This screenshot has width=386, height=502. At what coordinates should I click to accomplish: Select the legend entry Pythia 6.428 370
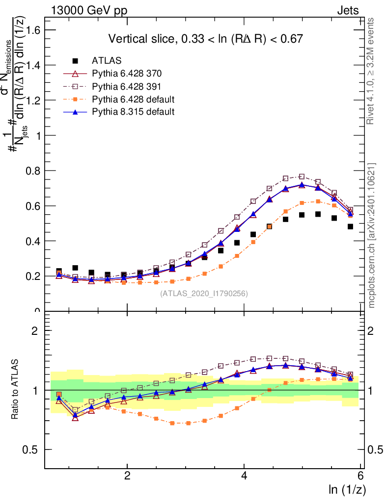coord(127,74)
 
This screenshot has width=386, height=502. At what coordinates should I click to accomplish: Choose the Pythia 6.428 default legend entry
coord(133,99)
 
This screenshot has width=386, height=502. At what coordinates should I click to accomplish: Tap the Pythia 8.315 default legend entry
coord(133,112)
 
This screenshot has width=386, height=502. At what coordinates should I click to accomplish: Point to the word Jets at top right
coord(348,10)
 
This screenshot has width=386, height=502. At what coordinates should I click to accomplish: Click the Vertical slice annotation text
coord(205,39)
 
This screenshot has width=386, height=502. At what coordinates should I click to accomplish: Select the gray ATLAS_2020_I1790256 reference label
coord(203,294)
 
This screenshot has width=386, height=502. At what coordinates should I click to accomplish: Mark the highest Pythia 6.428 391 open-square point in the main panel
coord(302,176)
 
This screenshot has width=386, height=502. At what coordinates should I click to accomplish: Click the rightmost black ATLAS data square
coord(350,226)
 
